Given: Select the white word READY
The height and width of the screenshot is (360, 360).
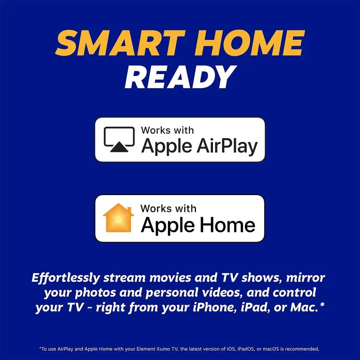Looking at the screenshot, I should (180, 77).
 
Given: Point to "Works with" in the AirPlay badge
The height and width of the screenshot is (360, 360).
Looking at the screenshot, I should (167, 130).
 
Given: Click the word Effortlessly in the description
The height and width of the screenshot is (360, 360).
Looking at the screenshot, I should (66, 278).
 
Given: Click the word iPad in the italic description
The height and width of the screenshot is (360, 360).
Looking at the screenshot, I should (255, 307).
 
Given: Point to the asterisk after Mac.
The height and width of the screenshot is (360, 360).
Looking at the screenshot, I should (321, 304).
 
